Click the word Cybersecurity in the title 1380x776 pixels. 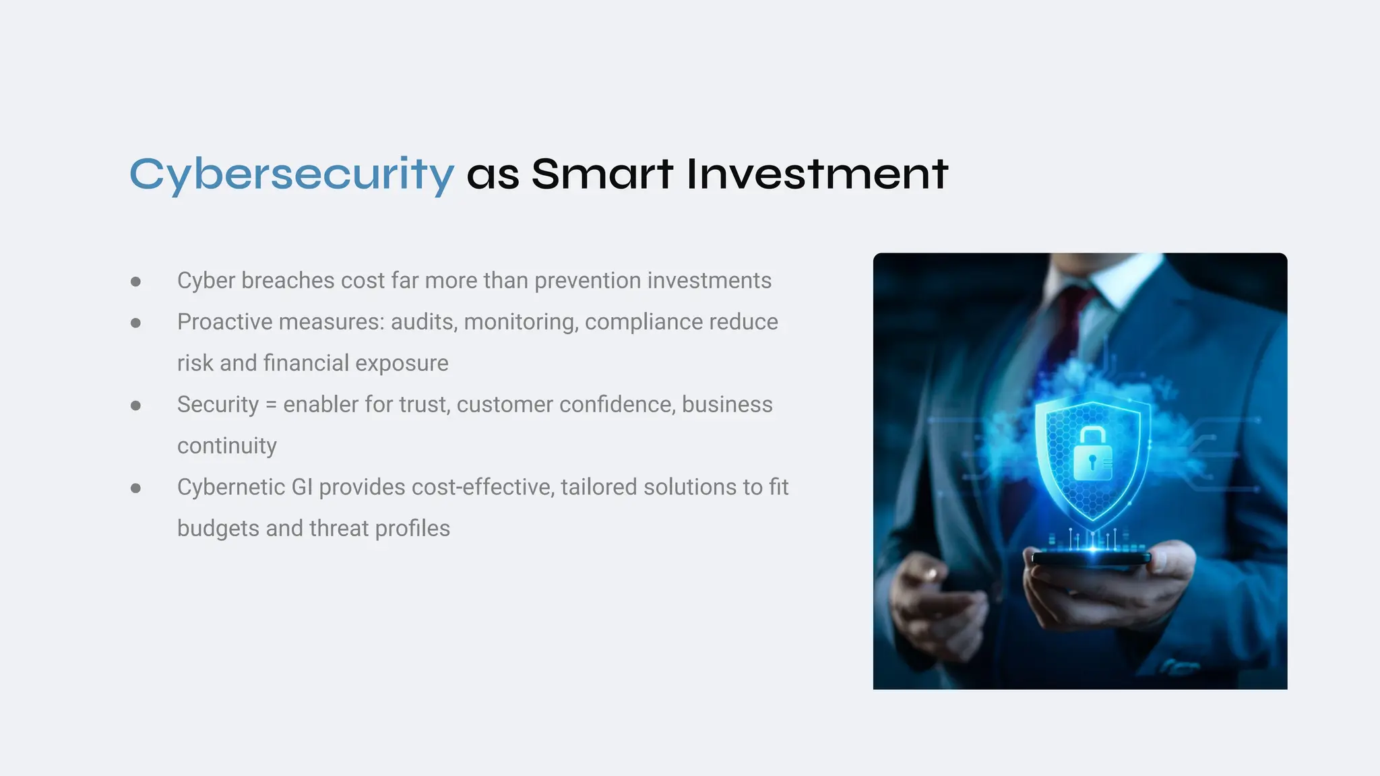point(291,174)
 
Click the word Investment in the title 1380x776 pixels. point(817,174)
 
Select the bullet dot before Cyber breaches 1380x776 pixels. point(135,282)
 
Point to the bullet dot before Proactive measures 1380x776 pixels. point(135,323)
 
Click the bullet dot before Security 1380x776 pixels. point(135,406)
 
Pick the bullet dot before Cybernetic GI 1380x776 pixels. point(135,488)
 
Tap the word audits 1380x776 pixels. point(424,322)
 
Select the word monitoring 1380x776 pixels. point(521,322)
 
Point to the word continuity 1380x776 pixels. point(227,446)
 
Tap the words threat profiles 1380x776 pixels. point(379,529)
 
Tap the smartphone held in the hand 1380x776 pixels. point(1092,558)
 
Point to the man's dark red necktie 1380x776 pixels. point(1071,317)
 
